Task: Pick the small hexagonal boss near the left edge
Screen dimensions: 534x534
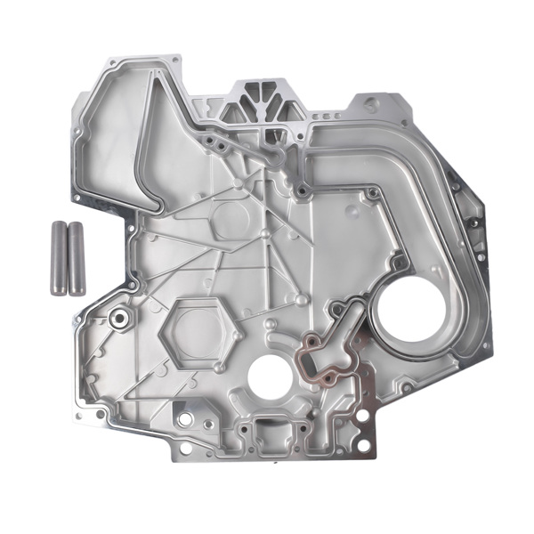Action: (x=117, y=317)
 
